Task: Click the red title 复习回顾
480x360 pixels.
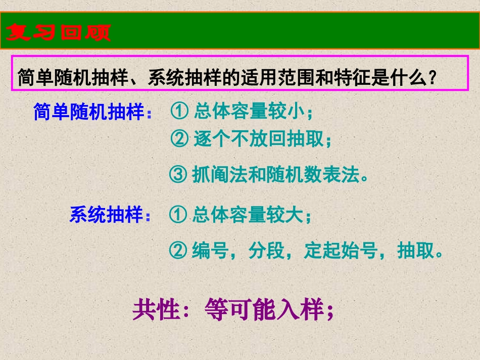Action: pyautogui.click(x=59, y=33)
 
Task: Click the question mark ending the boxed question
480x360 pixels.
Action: pyautogui.click(x=433, y=78)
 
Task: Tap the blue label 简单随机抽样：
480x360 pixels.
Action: pyautogui.click(x=92, y=112)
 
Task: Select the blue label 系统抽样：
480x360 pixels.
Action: pyautogui.click(x=110, y=216)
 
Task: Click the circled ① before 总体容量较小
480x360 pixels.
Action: pyautogui.click(x=179, y=112)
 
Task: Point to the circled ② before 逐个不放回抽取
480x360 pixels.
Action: pyautogui.click(x=179, y=139)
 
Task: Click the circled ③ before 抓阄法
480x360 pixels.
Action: pyautogui.click(x=178, y=175)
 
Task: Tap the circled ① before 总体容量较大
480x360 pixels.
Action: pyautogui.click(x=178, y=216)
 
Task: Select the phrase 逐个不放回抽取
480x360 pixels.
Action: pyautogui.click(x=258, y=139)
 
